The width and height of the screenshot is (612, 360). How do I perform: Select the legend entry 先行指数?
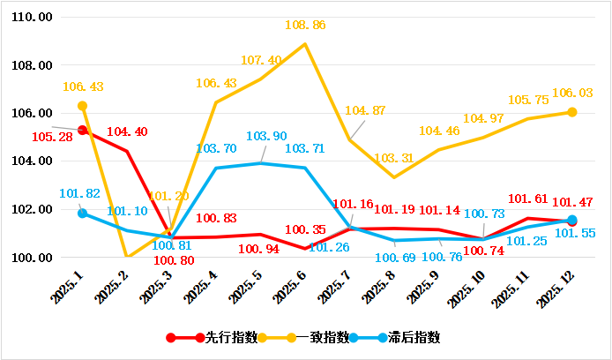[x=231, y=337]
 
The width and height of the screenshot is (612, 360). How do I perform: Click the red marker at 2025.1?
[x=83, y=131]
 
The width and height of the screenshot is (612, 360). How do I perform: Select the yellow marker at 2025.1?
[x=83, y=106]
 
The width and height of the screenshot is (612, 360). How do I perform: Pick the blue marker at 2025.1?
[x=83, y=214]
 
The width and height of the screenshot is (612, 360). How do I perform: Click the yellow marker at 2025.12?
[x=572, y=112]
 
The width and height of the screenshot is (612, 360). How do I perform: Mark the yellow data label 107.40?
[x=260, y=60]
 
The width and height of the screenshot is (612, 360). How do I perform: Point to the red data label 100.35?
[x=302, y=230]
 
